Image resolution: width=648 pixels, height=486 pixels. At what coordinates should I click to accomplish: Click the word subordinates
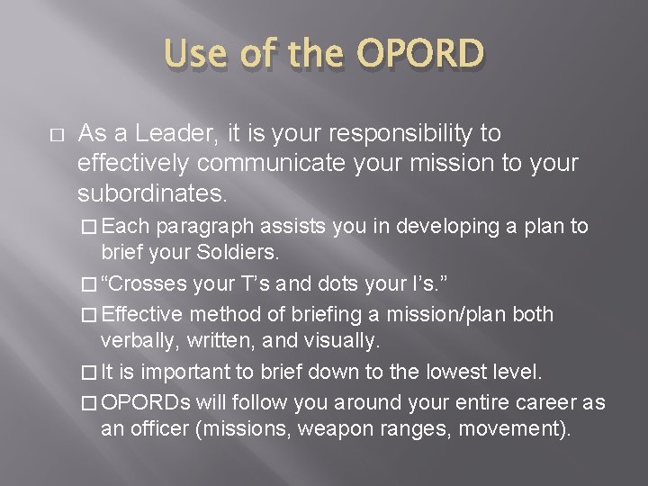[152, 193]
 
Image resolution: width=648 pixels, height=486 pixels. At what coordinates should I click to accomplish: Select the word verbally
[136, 339]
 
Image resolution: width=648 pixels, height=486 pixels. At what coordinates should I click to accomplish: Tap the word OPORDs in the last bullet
[141, 401]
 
